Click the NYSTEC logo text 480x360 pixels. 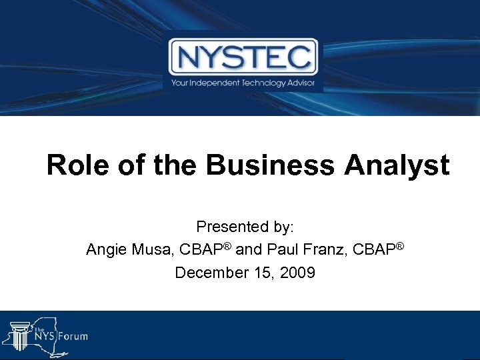point(243,57)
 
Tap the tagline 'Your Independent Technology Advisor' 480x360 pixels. point(243,83)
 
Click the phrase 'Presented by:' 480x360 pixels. point(245,227)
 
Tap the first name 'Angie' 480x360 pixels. point(105,250)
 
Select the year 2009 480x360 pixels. point(299,273)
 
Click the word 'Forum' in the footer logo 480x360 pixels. point(72,336)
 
